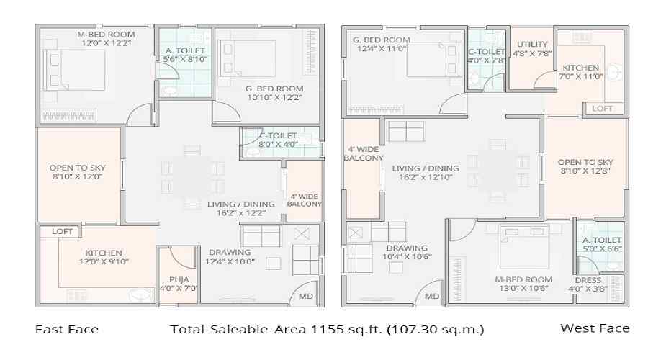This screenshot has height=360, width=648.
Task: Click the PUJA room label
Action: tap(179, 279)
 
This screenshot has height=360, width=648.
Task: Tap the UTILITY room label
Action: tap(533, 45)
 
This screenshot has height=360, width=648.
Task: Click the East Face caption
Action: tap(67, 330)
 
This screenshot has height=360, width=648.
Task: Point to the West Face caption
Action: tap(595, 328)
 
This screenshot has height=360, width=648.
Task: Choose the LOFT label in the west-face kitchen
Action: tap(603, 108)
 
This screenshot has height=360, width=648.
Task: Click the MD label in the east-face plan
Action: tap(306, 296)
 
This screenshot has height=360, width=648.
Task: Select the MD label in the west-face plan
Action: tap(432, 296)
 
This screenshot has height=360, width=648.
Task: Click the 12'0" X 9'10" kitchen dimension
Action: tap(104, 263)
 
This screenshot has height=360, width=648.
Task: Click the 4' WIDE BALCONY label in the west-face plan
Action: tap(363, 153)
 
